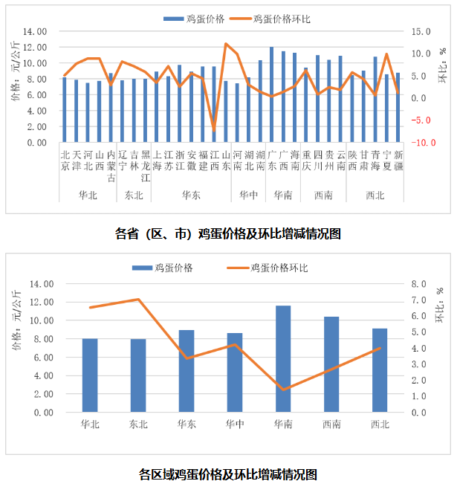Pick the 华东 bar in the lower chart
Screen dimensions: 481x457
tap(187, 371)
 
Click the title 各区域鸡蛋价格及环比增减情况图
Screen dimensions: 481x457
tap(228, 473)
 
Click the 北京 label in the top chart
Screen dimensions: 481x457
tap(65, 161)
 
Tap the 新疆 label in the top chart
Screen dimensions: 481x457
tap(398, 161)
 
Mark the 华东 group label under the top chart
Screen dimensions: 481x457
tap(191, 195)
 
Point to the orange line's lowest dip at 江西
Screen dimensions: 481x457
tap(214, 131)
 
